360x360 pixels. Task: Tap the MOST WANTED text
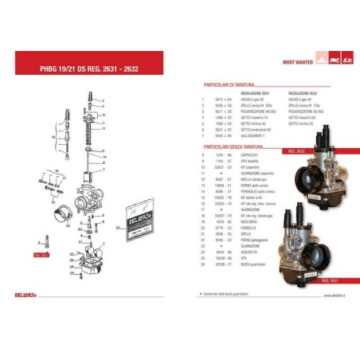299,61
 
